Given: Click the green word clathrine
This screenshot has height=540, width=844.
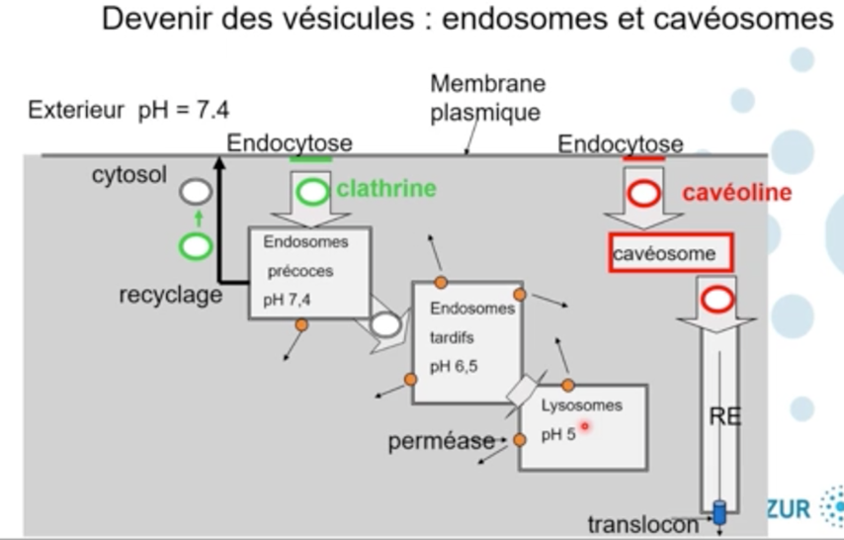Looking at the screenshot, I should [386, 188].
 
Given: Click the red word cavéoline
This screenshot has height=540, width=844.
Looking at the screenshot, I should [737, 192].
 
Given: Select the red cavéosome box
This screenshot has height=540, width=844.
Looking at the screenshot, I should [671, 253].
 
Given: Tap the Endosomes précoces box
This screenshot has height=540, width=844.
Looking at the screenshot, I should [308, 272].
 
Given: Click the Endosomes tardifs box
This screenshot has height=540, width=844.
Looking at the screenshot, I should [466, 341].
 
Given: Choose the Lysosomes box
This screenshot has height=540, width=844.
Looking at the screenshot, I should [583, 426].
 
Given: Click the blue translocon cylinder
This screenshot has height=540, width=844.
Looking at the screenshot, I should [719, 512].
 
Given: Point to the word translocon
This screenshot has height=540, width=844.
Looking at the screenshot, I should [642, 523].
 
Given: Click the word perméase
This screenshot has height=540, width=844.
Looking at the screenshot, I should [440, 442].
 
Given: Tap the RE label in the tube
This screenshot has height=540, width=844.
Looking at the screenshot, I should [724, 417].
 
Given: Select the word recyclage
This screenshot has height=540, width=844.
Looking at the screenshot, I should [171, 295].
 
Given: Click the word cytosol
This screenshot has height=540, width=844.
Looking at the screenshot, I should [129, 175].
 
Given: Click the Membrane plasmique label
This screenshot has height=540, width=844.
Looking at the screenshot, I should [486, 98].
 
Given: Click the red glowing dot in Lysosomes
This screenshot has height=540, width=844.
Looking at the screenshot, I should [584, 426].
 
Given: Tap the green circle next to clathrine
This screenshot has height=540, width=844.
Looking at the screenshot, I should [313, 192].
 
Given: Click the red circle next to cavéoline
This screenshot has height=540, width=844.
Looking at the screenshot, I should [644, 193].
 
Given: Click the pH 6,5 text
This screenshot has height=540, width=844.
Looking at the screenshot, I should [454, 367].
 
